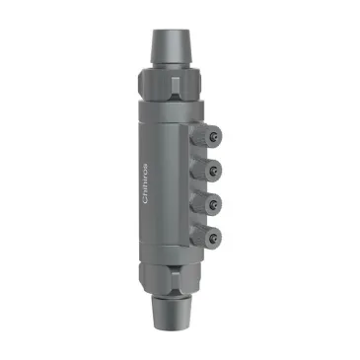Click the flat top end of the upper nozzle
pos(171,29)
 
